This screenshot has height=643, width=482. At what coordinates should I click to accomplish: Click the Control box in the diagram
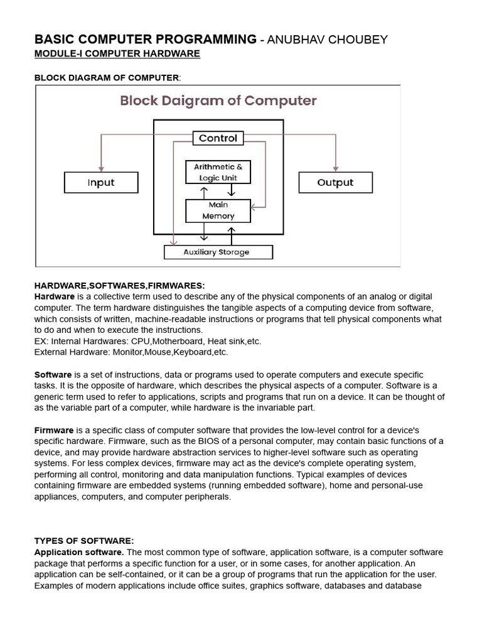pos(218,138)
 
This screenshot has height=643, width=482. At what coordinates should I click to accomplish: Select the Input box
pos(101,183)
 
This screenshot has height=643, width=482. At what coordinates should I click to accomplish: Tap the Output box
pos(335,183)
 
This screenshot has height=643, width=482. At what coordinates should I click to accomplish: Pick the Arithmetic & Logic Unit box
pos(218,172)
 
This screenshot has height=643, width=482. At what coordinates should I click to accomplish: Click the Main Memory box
pos(218,210)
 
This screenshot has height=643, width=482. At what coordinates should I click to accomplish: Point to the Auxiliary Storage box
pos(218,252)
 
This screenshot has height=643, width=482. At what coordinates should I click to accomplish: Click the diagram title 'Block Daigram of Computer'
pos(218,100)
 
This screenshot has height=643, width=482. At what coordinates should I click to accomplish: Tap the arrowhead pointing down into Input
pos(101,168)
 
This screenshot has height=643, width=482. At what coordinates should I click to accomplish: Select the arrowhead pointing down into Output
pos(336,168)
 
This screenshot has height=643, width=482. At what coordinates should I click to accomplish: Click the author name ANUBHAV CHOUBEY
pos(328,40)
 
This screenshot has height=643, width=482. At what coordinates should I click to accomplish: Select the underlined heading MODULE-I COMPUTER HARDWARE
pos(117,54)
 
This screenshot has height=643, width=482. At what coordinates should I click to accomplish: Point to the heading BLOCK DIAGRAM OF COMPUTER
pos(107,78)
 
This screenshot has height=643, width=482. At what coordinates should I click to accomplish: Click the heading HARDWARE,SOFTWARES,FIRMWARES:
pos(119,286)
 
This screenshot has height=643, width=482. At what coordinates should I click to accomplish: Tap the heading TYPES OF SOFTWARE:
pos(84,541)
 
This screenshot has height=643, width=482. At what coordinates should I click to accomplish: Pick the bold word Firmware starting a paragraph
pos(54,430)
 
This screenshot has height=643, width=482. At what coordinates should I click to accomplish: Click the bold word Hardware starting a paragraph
pos(55,296)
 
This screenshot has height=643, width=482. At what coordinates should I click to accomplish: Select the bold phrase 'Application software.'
pos(79,552)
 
